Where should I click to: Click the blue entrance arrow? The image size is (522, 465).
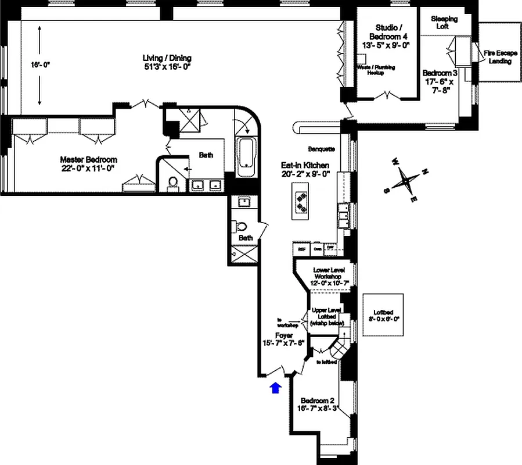tap(276, 388)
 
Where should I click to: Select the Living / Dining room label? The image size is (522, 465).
tap(167, 62)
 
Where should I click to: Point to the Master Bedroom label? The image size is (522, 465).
tap(88, 163)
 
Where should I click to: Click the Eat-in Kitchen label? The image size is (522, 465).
tap(305, 169)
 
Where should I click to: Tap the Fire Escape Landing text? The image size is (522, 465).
tap(499, 57)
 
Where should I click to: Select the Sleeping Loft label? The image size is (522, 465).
tap(444, 23)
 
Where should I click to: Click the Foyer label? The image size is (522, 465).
tap(284, 339)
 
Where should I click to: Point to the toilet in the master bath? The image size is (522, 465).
tap(172, 184)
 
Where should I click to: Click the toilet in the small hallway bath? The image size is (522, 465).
tap(242, 227)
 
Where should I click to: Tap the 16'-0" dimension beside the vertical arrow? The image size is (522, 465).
tap(40, 65)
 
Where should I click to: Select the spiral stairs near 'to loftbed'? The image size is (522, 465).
tap(339, 350)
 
